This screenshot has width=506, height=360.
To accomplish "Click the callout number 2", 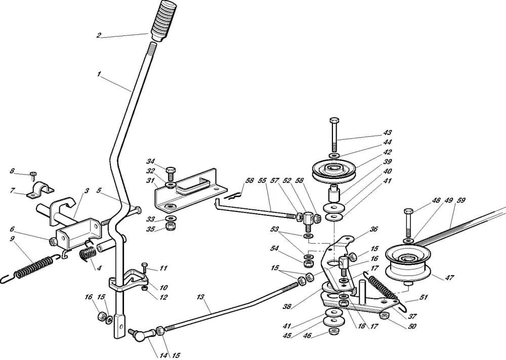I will (x=99, y=35).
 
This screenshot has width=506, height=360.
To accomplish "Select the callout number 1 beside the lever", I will (x=99, y=74).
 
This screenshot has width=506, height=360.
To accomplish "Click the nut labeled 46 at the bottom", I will (x=333, y=331).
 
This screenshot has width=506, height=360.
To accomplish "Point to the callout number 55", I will (x=262, y=181).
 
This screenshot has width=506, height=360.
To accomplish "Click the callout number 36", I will (x=374, y=229).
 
